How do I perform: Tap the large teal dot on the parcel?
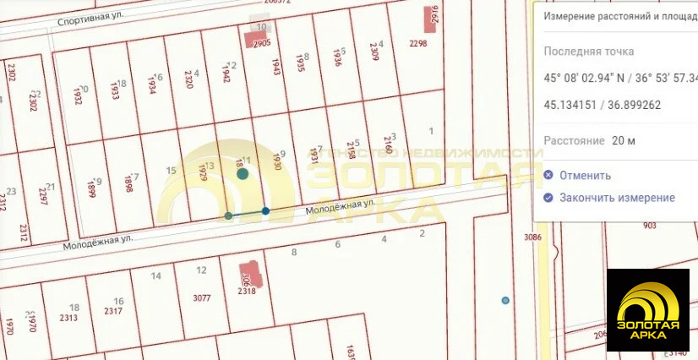pos(243,174)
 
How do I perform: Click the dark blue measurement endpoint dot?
pos(265,211)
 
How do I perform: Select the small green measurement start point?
pos(228,216)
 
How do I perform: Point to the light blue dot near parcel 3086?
pos(505,300)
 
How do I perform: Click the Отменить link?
pos(578,176)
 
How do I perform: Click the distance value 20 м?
pos(624,140)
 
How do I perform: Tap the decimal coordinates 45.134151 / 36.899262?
pos(603,106)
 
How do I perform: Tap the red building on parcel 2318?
pos(254,275)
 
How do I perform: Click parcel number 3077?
pos(202,297)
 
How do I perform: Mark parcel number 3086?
pos(532,237)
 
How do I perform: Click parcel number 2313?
pos(69,318)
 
